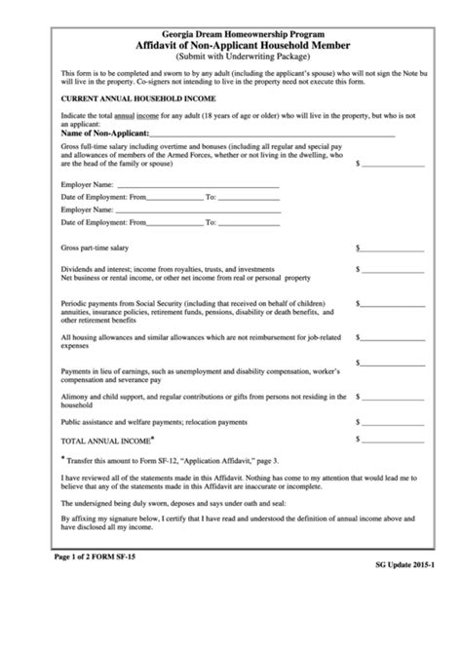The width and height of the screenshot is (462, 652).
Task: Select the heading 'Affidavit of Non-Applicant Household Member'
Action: [x=231, y=46]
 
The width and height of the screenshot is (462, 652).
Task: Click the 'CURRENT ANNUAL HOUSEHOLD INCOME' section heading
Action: [x=138, y=99]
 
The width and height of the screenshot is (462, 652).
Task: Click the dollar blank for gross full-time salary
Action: [x=393, y=163]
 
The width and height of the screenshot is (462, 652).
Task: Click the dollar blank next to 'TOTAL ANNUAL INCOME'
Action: [x=393, y=441]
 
